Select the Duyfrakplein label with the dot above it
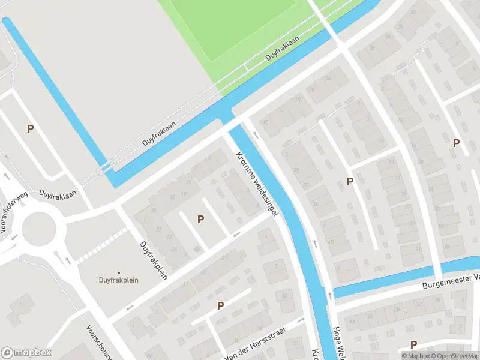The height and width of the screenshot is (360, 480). click(x=118, y=280)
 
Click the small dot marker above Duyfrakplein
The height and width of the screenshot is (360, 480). click(x=118, y=272)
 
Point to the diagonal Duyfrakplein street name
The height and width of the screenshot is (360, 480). click(x=153, y=258)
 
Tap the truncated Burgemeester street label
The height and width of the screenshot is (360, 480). click(x=451, y=277)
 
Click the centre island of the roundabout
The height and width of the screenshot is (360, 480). click(x=39, y=229)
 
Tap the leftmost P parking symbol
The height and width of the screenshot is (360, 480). click(x=30, y=128)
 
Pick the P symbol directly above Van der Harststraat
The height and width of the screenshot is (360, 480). click(x=220, y=306)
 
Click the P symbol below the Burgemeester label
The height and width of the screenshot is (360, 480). click(x=413, y=344)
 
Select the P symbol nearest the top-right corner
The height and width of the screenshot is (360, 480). click(x=456, y=143)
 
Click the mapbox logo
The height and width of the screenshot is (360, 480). click(x=26, y=353)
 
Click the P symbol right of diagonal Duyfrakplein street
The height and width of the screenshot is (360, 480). click(x=200, y=220)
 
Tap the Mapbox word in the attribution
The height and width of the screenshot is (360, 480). click(x=418, y=356)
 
